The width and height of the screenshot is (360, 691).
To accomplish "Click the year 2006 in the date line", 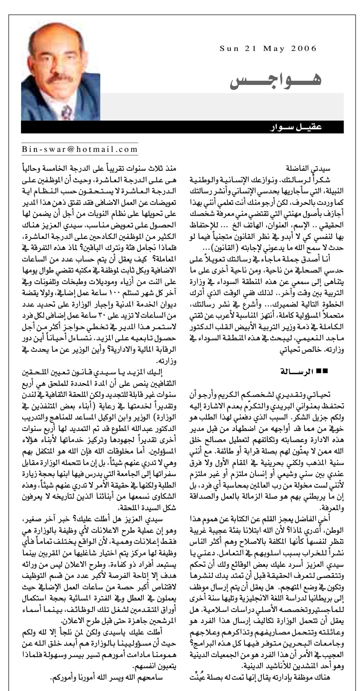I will point(304,49).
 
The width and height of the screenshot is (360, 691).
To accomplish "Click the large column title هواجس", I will point(275,78).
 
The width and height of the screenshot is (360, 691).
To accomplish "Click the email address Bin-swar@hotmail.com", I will point(79,150).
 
